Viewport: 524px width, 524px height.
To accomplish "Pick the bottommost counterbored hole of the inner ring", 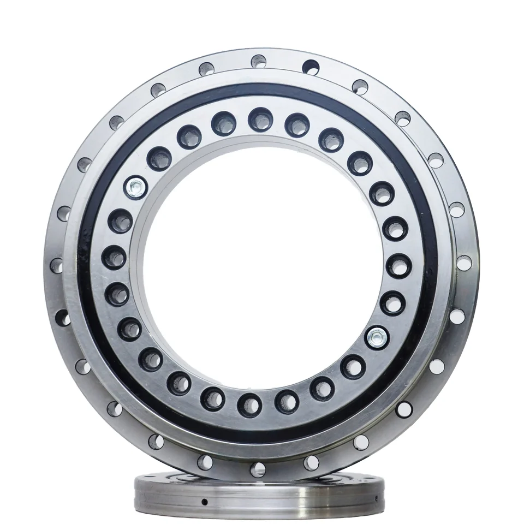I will click(249, 404).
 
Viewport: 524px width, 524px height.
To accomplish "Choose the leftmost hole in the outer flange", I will click(56, 266).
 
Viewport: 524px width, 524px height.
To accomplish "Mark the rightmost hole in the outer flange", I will click(463, 263).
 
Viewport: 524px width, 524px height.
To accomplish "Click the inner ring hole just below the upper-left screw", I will click(120, 221).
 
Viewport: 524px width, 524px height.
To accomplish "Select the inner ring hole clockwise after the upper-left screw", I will click(159, 158).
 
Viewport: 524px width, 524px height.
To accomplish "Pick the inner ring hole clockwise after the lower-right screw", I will click(353, 366).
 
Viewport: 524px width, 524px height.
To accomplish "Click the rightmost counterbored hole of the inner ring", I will click(399, 265).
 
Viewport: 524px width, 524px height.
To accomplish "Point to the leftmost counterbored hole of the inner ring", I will click(114, 257).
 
